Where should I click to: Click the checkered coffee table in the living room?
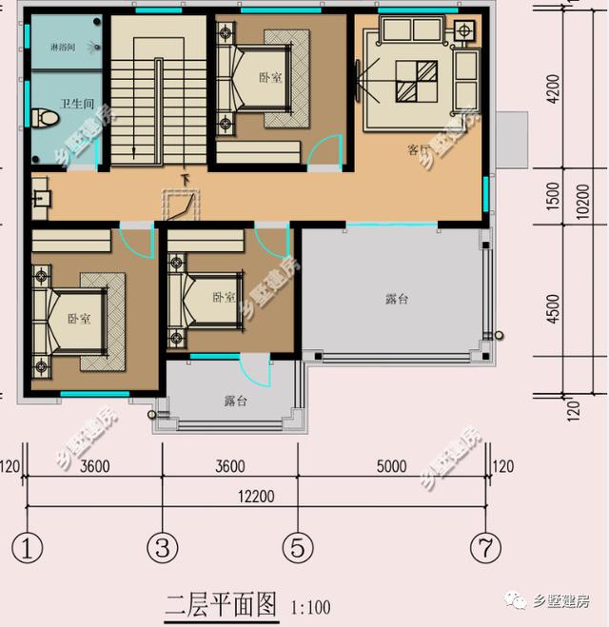pos(415,81)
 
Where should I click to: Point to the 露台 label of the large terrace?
pos(397,299)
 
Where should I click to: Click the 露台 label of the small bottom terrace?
pos(235,402)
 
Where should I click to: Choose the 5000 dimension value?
pos(391,466)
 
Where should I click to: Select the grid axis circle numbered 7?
pos(486,548)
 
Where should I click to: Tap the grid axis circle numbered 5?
pos(297,548)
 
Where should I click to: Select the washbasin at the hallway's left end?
pos(40,199)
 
